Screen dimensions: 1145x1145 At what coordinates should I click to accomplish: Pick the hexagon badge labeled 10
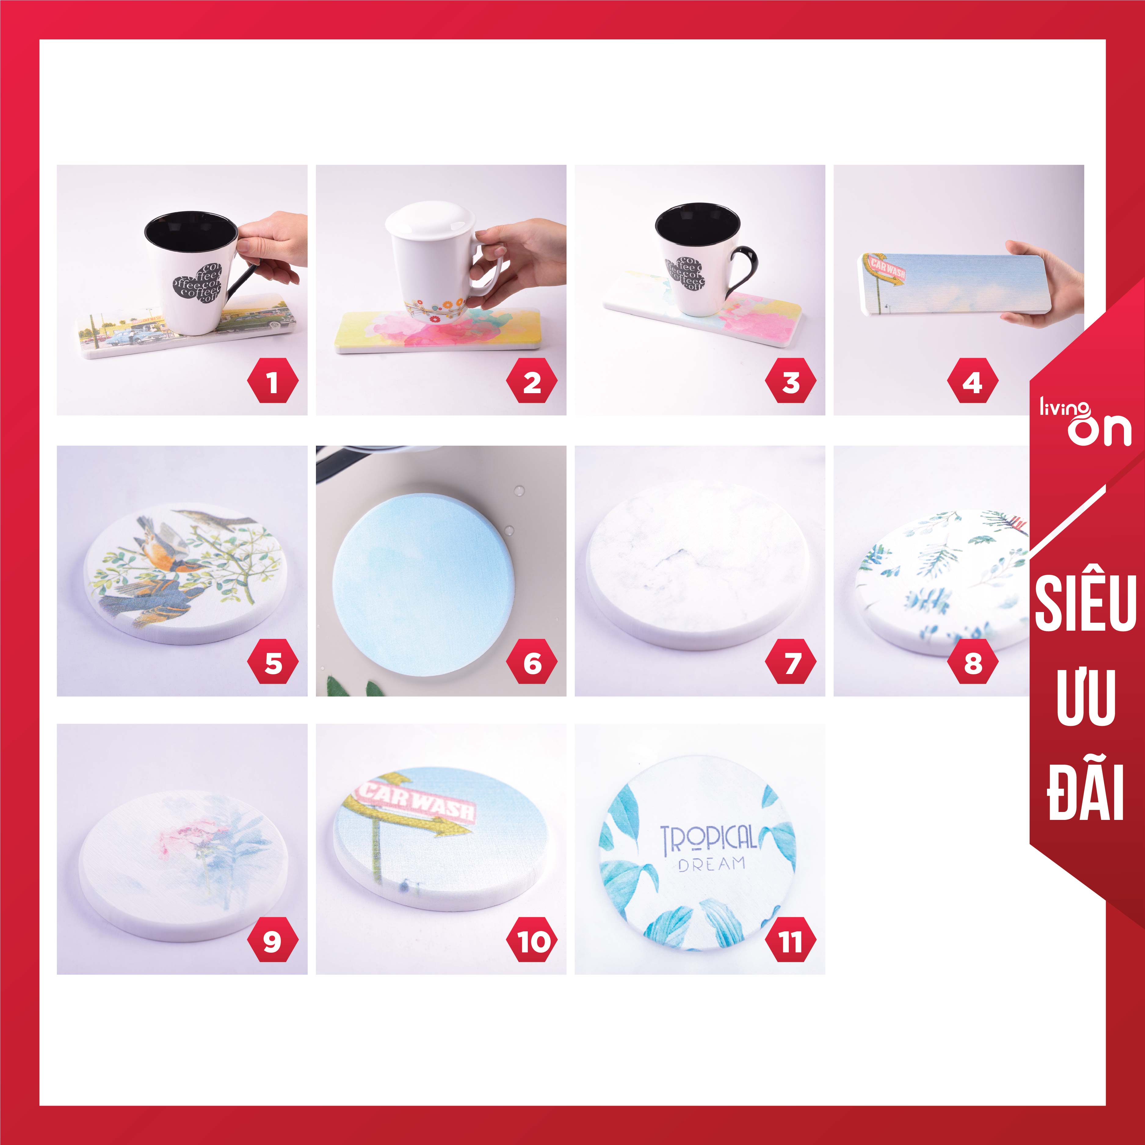(x=532, y=940)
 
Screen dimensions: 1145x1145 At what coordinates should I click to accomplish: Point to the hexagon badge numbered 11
(x=791, y=940)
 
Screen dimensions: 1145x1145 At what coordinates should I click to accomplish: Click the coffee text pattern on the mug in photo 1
(x=198, y=283)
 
